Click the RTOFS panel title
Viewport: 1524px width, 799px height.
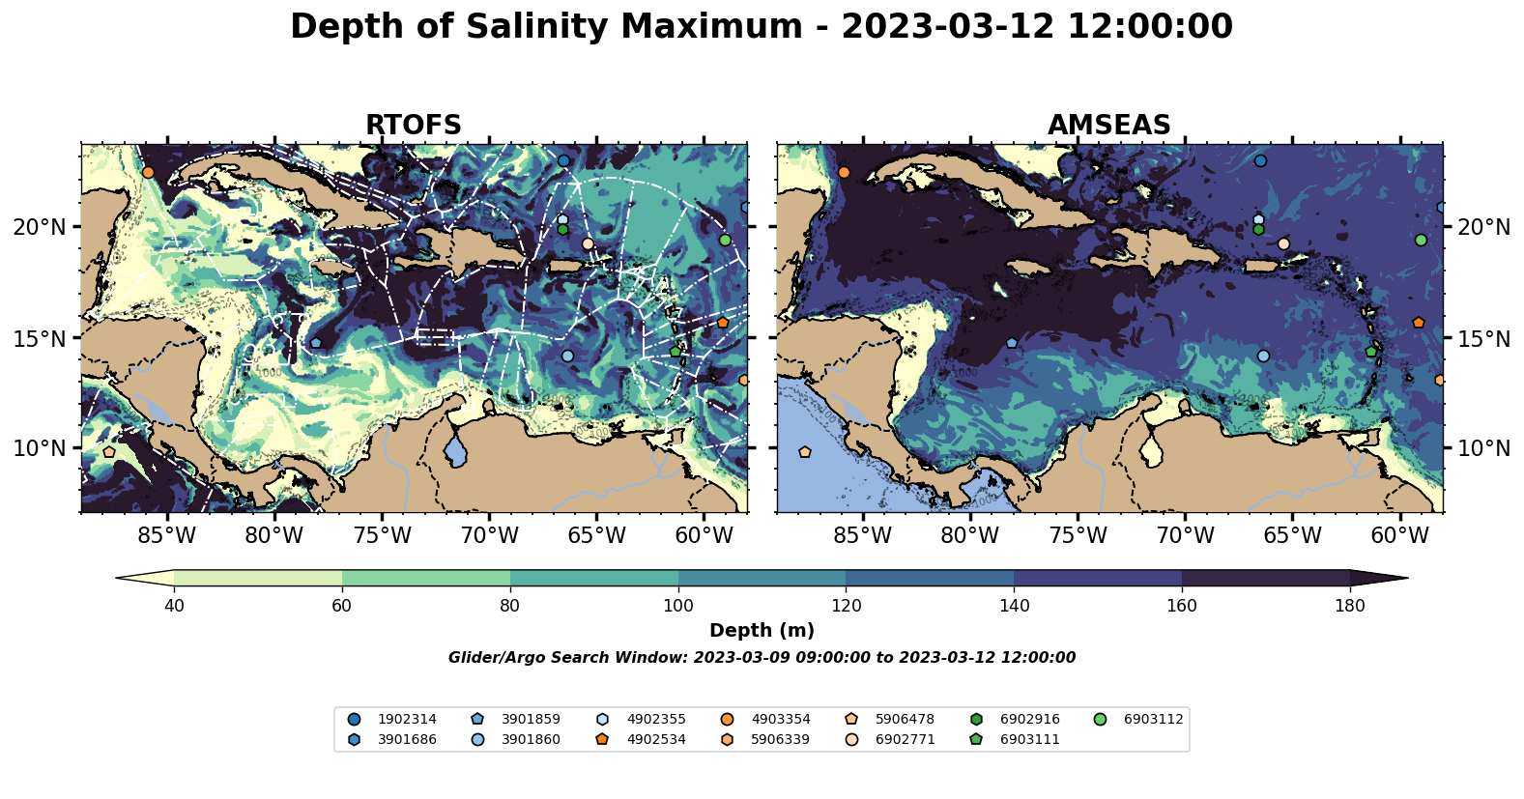coord(413,126)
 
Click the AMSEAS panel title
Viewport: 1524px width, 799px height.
coord(1108,126)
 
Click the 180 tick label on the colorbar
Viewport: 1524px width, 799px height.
coord(1349,606)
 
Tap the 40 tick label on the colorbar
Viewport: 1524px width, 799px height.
coord(174,606)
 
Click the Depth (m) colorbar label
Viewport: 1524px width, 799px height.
coord(762,631)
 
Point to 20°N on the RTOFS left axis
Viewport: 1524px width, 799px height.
coord(40,227)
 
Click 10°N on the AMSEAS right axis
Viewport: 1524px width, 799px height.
coord(1483,448)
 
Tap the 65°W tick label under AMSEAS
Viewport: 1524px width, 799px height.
coord(1292,534)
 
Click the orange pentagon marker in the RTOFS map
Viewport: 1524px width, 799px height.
coord(722,323)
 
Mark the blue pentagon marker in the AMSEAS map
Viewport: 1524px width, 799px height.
coord(1012,343)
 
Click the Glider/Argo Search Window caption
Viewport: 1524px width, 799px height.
coord(762,658)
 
